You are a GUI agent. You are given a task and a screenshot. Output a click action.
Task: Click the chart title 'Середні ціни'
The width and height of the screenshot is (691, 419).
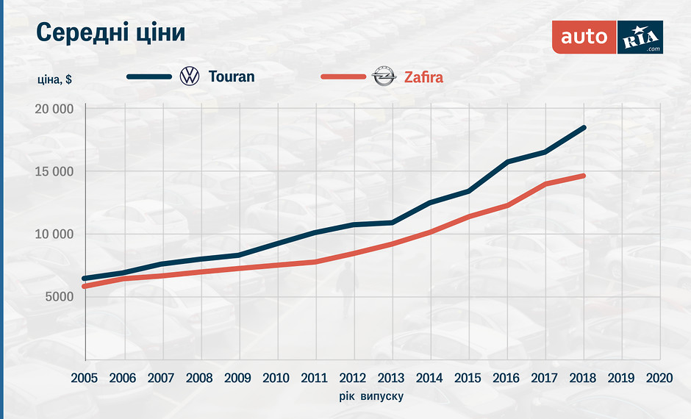[110, 33]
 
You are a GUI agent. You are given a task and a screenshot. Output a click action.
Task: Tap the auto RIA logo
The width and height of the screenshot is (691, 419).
[607, 36]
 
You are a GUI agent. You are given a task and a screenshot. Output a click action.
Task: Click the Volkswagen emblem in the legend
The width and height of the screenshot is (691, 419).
[190, 76]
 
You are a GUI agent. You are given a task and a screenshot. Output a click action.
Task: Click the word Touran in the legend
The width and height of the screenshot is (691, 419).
[232, 76]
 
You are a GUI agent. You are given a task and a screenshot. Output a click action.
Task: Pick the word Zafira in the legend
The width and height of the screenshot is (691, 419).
[423, 76]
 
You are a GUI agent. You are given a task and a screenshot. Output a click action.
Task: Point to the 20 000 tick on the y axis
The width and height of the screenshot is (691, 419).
[53, 110]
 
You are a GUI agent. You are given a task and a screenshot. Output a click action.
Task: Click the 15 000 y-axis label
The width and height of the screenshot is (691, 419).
[53, 172]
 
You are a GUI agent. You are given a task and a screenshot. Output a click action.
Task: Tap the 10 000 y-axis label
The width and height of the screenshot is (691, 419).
[53, 234]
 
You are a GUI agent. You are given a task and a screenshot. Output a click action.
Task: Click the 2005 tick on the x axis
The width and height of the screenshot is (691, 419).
[84, 378]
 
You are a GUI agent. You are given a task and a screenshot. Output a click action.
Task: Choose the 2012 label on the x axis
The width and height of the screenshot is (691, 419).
[353, 378]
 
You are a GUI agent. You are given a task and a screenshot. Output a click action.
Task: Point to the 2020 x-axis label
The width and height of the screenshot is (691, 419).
[659, 378]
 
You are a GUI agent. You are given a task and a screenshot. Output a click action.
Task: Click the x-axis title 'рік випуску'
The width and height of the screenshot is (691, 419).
[371, 395]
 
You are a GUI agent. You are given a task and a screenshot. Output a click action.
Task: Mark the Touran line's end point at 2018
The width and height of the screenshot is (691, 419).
[584, 128]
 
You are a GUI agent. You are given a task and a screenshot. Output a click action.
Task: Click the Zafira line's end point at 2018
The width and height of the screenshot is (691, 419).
[584, 176]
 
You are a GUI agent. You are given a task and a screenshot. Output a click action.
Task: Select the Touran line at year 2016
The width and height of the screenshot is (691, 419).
[507, 162]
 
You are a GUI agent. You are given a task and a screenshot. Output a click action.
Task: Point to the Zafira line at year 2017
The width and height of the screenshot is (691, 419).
[545, 184]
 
